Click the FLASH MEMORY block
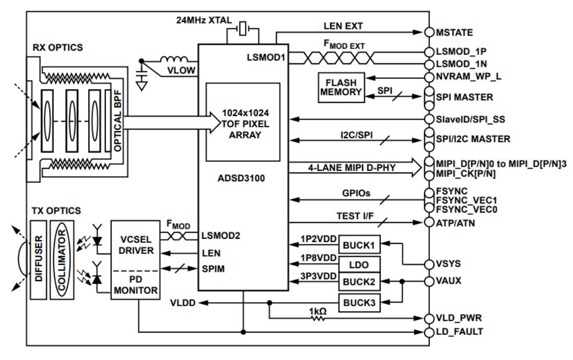(x=341, y=87)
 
